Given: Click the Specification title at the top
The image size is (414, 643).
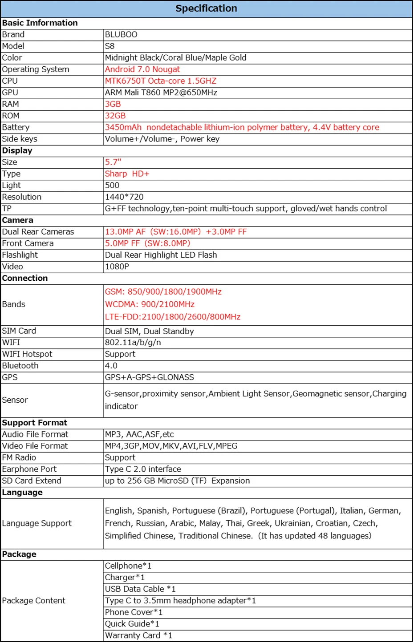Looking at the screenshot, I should pyautogui.click(x=206, y=8).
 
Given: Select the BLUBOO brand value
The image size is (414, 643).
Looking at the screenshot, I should pyautogui.click(x=121, y=35).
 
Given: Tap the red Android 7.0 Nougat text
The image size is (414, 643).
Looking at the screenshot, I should pyautogui.click(x=142, y=69).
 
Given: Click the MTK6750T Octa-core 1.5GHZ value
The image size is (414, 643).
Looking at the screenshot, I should pyautogui.click(x=161, y=81).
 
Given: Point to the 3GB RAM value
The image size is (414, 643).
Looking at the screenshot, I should pyautogui.click(x=113, y=104).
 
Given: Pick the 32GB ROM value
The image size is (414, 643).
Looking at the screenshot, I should pyautogui.click(x=115, y=116).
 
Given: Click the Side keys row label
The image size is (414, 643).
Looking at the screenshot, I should pyautogui.click(x=20, y=139).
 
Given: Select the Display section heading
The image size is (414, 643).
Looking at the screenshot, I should pyautogui.click(x=17, y=150).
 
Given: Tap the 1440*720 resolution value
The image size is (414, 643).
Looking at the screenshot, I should pyautogui.click(x=124, y=197).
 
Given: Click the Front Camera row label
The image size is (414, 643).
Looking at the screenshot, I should pyautogui.click(x=28, y=243).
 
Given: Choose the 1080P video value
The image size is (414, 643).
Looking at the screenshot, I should pyautogui.click(x=117, y=267).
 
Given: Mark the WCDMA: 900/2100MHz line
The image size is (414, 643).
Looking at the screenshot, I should pyautogui.click(x=150, y=304).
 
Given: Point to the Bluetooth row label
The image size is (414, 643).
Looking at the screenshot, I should pyautogui.click(x=20, y=366).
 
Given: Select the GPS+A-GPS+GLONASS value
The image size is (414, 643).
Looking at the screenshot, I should pyautogui.click(x=150, y=377).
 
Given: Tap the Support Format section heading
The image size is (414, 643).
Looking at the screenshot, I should pyautogui.click(x=34, y=423).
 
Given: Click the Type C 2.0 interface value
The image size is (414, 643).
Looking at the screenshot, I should pyautogui.click(x=143, y=469).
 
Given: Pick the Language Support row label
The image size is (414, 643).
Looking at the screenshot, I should pyautogui.click(x=37, y=523).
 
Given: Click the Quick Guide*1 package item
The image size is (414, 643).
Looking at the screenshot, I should pyautogui.click(x=132, y=624).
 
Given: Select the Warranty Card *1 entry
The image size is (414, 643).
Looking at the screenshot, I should pyautogui.click(x=138, y=635).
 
